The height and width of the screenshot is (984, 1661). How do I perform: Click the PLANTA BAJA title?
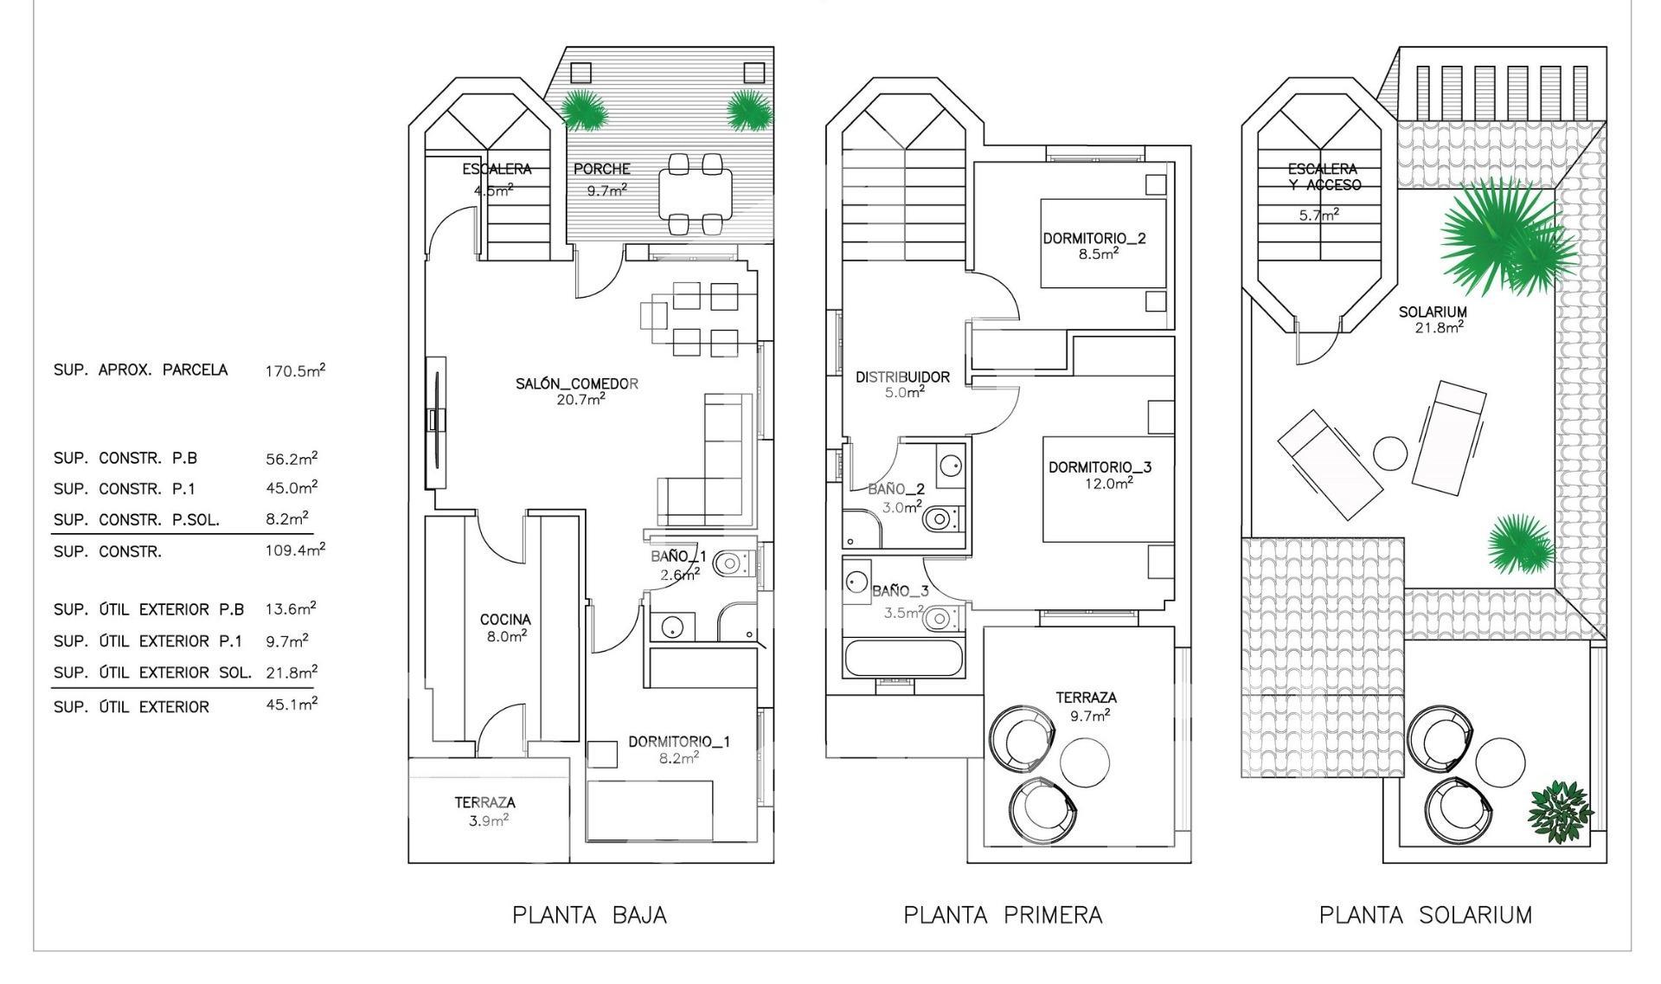(589, 915)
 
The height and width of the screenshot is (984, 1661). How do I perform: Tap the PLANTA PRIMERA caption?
(1003, 915)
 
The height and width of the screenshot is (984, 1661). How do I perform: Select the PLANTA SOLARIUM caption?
(1425, 915)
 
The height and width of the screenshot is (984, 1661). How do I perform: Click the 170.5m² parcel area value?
(295, 370)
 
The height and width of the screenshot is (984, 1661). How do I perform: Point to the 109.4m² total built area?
(295, 550)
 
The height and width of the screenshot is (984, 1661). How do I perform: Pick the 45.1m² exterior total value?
(292, 704)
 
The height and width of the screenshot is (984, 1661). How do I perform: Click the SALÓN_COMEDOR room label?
(577, 383)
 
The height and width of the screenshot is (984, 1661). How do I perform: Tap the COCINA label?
(505, 620)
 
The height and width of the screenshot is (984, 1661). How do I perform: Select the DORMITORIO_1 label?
(679, 742)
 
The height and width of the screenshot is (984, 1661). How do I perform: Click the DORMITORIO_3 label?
(1100, 467)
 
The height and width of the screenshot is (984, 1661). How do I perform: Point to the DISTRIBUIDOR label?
(902, 377)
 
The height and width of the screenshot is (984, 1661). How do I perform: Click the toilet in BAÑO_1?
(732, 564)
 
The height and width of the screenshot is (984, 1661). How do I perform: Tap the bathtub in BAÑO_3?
(903, 659)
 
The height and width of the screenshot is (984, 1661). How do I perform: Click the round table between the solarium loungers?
(1390, 453)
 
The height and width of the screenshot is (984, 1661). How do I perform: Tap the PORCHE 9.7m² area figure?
(606, 190)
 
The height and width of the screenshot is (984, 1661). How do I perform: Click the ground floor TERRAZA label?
(484, 803)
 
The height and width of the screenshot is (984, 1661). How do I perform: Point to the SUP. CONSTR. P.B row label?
(125, 459)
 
